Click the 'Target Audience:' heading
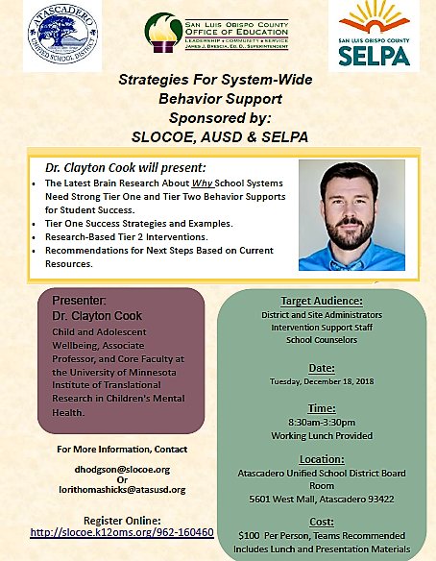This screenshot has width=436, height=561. [321, 301]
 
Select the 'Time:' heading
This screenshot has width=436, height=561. [321, 408]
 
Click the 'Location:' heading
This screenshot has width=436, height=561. [321, 460]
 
